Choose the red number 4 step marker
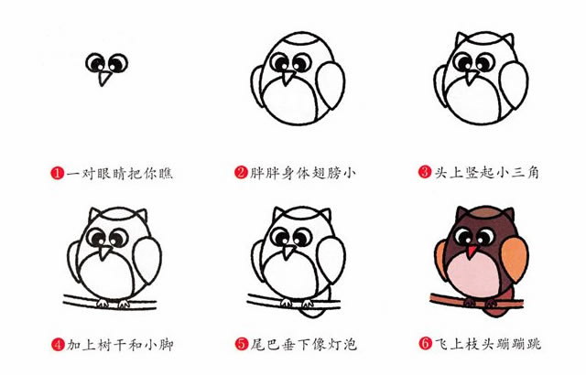coord(57,345)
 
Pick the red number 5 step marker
coord(241,345)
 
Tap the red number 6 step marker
coord(425,345)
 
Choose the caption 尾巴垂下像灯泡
coord(303,345)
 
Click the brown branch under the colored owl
coord(439,298)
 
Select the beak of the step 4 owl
coord(108,250)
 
